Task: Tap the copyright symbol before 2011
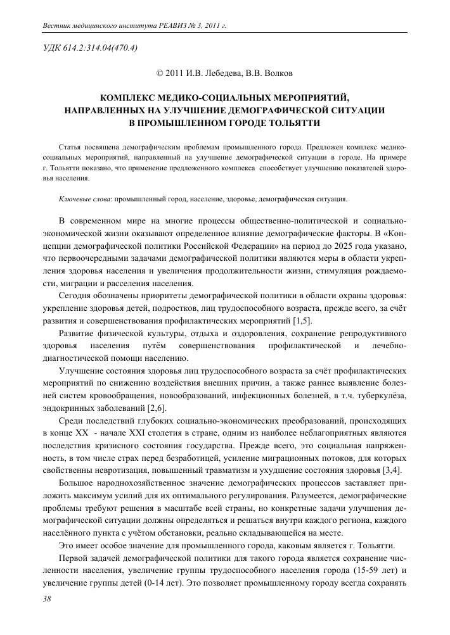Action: click(x=160, y=73)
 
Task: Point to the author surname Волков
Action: click(x=276, y=73)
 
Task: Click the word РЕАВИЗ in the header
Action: click(x=159, y=27)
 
